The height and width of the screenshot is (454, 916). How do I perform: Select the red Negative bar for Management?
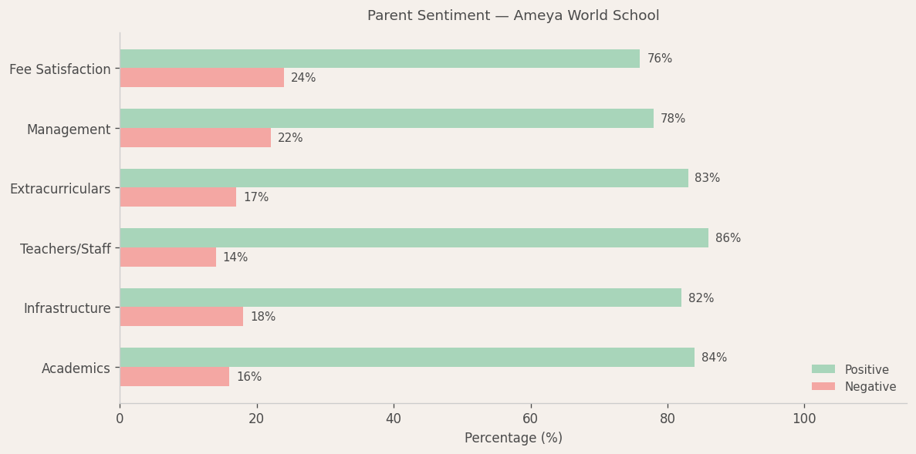pyautogui.click(x=195, y=138)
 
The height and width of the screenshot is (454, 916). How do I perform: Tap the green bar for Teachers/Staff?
pyautogui.click(x=414, y=238)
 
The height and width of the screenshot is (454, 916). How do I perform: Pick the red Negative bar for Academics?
pyautogui.click(x=174, y=377)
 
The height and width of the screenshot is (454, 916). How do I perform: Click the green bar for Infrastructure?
pyautogui.click(x=401, y=298)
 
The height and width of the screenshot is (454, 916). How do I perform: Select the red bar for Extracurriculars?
pyautogui.click(x=177, y=197)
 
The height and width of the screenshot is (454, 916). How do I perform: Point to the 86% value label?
pyautogui.click(x=728, y=238)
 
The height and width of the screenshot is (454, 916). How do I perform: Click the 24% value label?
pyautogui.click(x=303, y=78)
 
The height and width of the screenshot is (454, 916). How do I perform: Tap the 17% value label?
pyautogui.click(x=256, y=197)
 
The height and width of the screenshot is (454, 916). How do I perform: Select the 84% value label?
pyautogui.click(x=714, y=358)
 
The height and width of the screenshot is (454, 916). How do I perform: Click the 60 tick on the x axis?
pyautogui.click(x=531, y=419)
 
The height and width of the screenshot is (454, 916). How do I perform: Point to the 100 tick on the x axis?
pyautogui.click(x=804, y=419)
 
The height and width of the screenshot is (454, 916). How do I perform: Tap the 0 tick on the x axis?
pyautogui.click(x=120, y=419)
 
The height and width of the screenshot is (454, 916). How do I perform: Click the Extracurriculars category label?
pyautogui.click(x=60, y=189)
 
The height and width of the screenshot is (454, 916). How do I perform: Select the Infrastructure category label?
pyautogui.click(x=67, y=308)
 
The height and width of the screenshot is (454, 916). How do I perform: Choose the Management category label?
pyautogui.click(x=69, y=129)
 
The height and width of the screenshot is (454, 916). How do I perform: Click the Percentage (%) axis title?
pyautogui.click(x=513, y=438)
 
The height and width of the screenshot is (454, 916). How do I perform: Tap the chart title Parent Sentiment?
pyautogui.click(x=513, y=15)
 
